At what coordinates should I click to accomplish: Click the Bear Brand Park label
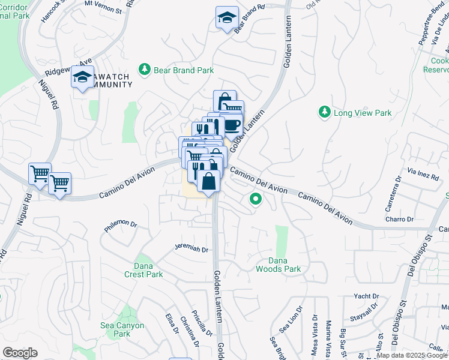[x=184, y=70]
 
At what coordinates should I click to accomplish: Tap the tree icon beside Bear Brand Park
[x=145, y=70]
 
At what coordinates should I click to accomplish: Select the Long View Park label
[x=363, y=113]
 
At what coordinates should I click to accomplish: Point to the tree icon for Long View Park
[x=324, y=112]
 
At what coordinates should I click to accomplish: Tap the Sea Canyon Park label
[x=122, y=329]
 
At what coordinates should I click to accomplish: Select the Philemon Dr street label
[x=121, y=225]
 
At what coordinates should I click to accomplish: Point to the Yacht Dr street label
[x=366, y=296]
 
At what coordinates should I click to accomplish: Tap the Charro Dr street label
[x=400, y=220]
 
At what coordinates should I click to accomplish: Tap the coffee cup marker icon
[x=232, y=124]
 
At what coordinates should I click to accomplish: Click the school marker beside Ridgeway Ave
[x=83, y=76]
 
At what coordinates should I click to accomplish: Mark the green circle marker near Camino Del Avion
[x=256, y=199]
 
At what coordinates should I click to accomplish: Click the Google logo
[x=20, y=353]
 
